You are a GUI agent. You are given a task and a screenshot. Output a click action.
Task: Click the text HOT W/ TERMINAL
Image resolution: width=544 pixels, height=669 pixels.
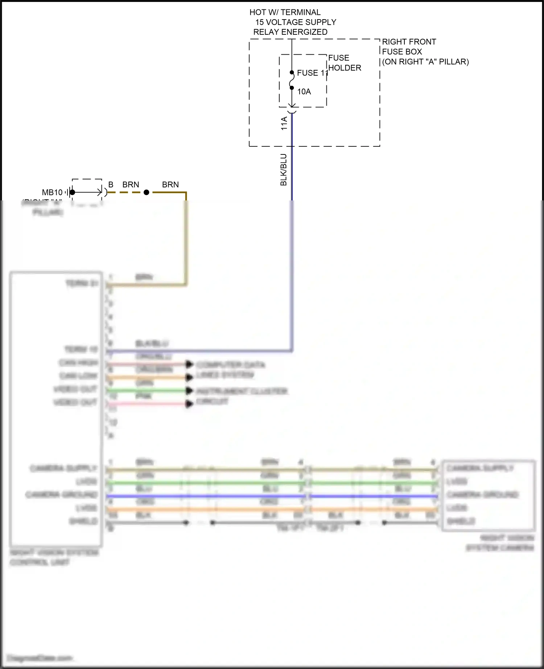pyautogui.click(x=285, y=12)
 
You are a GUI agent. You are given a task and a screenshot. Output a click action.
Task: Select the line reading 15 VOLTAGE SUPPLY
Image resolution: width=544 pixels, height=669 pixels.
pyautogui.click(x=296, y=22)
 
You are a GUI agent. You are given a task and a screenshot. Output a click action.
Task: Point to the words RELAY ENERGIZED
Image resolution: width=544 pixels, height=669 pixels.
pyautogui.click(x=290, y=32)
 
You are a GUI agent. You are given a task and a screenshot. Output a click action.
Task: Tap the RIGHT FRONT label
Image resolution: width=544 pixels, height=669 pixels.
pyautogui.click(x=409, y=42)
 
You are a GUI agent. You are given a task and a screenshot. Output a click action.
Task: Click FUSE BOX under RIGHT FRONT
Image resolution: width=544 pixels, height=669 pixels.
pyautogui.click(x=402, y=51)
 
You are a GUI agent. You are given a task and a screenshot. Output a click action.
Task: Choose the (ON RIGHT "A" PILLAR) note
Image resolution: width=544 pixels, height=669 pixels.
pyautogui.click(x=425, y=62)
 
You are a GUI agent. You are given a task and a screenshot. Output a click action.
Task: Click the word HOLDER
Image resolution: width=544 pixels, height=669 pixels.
pyautogui.click(x=345, y=68)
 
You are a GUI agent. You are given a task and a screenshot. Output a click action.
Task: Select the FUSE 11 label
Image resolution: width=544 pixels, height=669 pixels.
pyautogui.click(x=312, y=73)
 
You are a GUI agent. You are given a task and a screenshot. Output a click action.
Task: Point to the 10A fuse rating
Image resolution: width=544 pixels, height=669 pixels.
pyautogui.click(x=304, y=92)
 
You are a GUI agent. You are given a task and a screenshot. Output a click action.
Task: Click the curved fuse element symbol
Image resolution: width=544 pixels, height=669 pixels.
pyautogui.click(x=292, y=80)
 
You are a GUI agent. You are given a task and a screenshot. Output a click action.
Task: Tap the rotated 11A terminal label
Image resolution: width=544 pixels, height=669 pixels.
pyautogui.click(x=284, y=123)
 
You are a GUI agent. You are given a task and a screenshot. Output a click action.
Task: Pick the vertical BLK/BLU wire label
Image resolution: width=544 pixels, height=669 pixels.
pyautogui.click(x=284, y=170)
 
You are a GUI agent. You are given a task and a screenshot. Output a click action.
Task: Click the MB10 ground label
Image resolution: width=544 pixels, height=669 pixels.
pyautogui.click(x=52, y=192)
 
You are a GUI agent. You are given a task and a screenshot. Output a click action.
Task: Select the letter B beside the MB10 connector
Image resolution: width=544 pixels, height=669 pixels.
pyautogui.click(x=111, y=185)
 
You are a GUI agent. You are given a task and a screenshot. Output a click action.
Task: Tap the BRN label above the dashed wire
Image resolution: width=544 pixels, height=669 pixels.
pyautogui.click(x=131, y=185)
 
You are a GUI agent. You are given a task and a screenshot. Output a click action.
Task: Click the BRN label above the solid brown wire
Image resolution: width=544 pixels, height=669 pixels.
pyautogui.click(x=170, y=185)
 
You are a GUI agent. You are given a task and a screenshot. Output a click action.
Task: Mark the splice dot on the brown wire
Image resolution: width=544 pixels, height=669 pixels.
pyautogui.click(x=147, y=192)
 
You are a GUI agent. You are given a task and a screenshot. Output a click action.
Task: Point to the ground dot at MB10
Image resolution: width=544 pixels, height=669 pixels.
pyautogui.click(x=73, y=192)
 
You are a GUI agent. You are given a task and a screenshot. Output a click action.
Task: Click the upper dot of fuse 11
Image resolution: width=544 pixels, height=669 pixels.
pyautogui.click(x=292, y=72)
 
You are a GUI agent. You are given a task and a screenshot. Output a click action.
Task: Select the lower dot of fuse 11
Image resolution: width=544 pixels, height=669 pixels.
pyautogui.click(x=292, y=88)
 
